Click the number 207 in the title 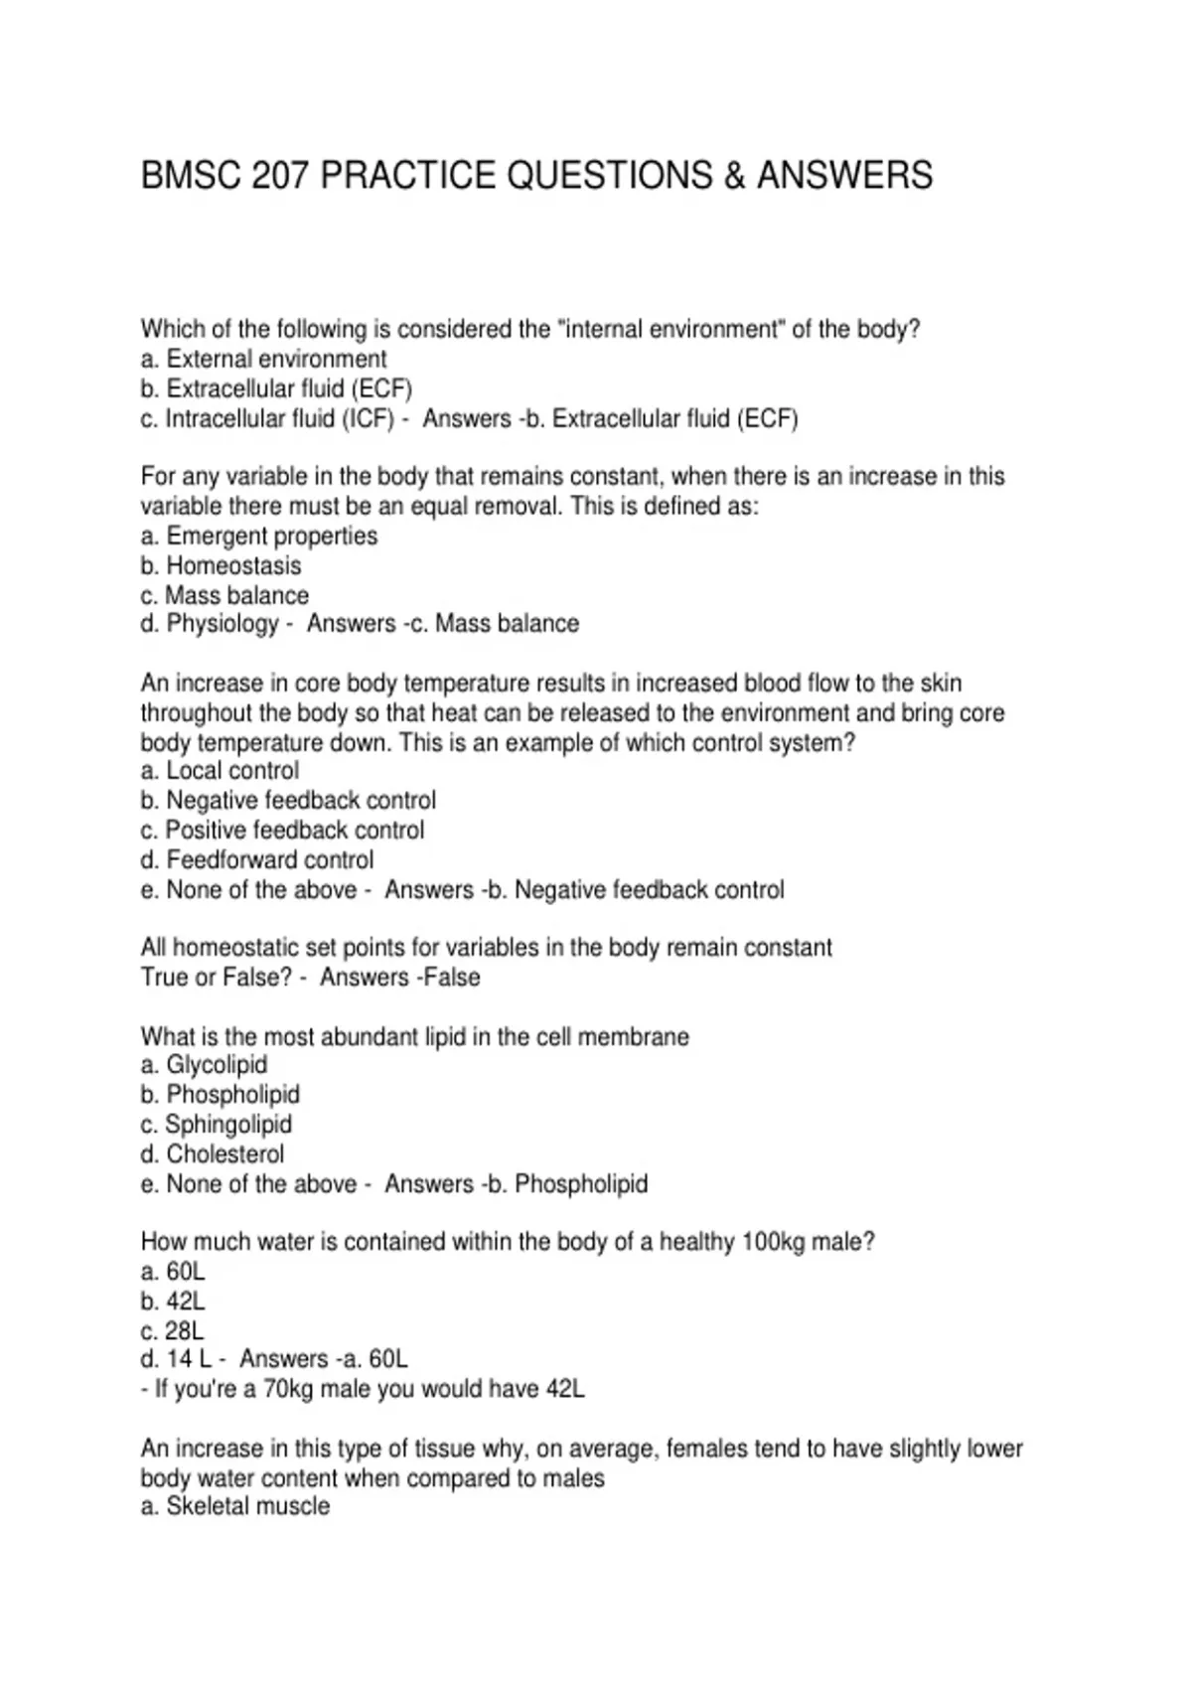pos(281,176)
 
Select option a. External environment pos(263,359)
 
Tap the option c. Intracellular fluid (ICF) pos(267,418)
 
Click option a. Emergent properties pos(259,536)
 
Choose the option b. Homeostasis pos(221,565)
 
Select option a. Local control pos(220,771)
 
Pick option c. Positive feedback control pos(282,830)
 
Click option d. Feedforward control pos(257,859)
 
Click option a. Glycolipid pos(204,1065)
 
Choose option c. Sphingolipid pos(216,1125)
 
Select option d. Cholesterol pos(212,1154)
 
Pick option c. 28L pos(173,1331)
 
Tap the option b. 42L pos(173,1302)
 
